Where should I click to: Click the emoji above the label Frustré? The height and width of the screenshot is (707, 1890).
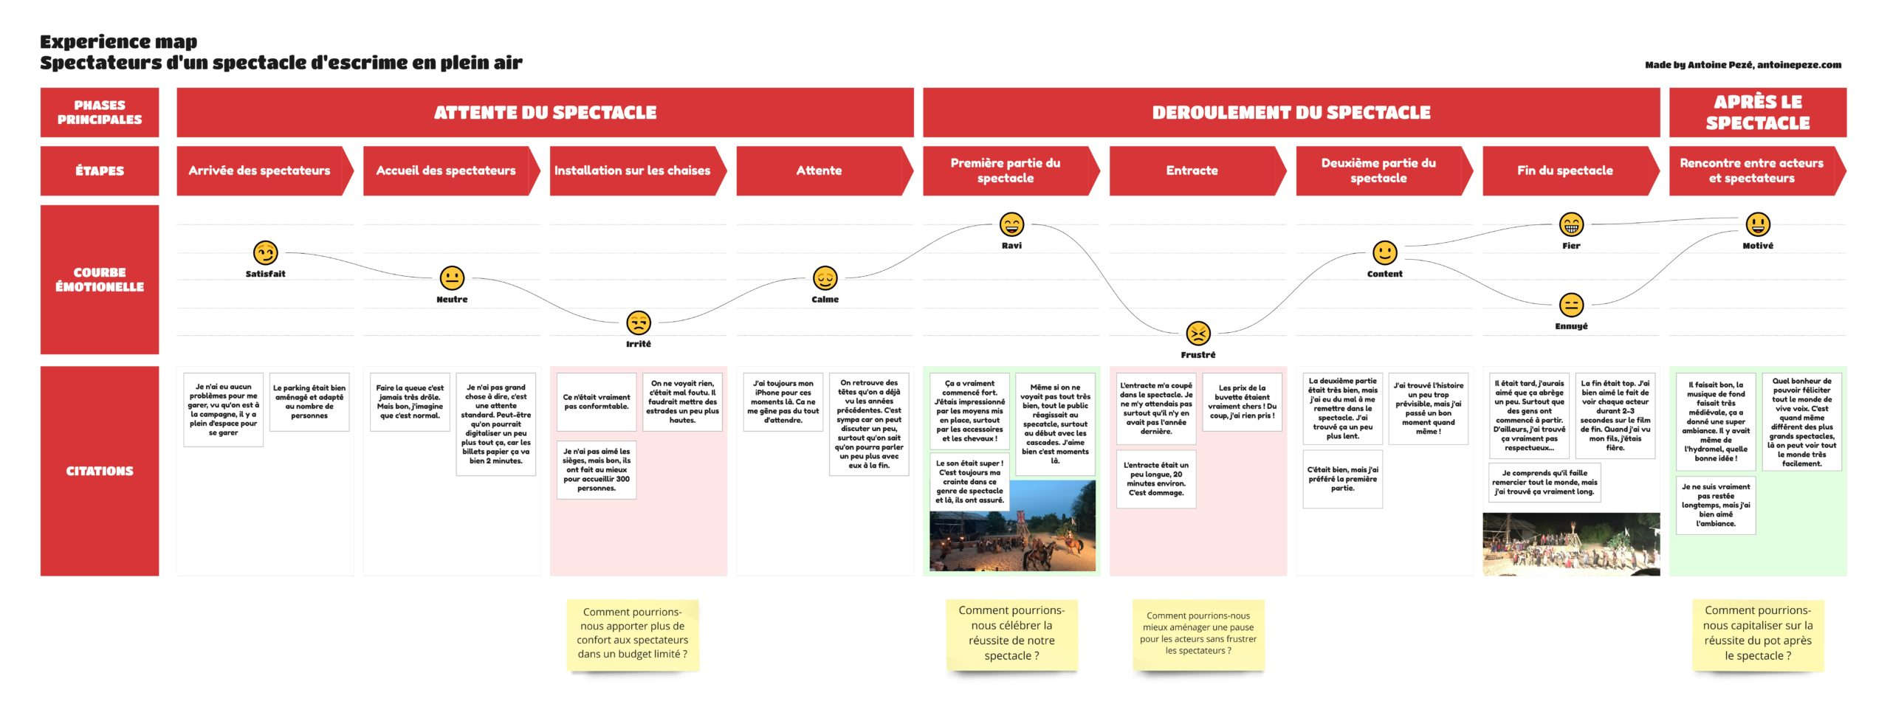1197,334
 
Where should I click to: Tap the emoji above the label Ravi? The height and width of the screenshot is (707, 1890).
1011,224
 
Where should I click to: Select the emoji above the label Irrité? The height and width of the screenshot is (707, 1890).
638,323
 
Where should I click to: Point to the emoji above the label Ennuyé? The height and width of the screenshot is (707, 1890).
1571,305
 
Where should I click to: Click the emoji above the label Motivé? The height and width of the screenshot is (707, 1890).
1758,224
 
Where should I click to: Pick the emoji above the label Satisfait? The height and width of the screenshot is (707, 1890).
265,252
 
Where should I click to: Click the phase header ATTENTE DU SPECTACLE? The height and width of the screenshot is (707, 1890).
545,112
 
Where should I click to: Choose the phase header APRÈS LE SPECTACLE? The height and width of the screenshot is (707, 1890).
1757,112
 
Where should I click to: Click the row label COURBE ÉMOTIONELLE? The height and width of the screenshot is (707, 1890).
100,280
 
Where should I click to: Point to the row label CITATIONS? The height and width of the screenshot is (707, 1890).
100,471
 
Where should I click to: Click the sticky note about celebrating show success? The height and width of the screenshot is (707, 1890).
1011,633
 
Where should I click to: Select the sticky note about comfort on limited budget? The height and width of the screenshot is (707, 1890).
633,633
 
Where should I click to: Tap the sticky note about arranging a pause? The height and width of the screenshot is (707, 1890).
1197,633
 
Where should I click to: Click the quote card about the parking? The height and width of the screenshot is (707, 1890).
309,401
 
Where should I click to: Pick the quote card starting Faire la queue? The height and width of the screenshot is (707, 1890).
410,401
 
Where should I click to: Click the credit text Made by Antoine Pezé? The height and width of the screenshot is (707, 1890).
1742,65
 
